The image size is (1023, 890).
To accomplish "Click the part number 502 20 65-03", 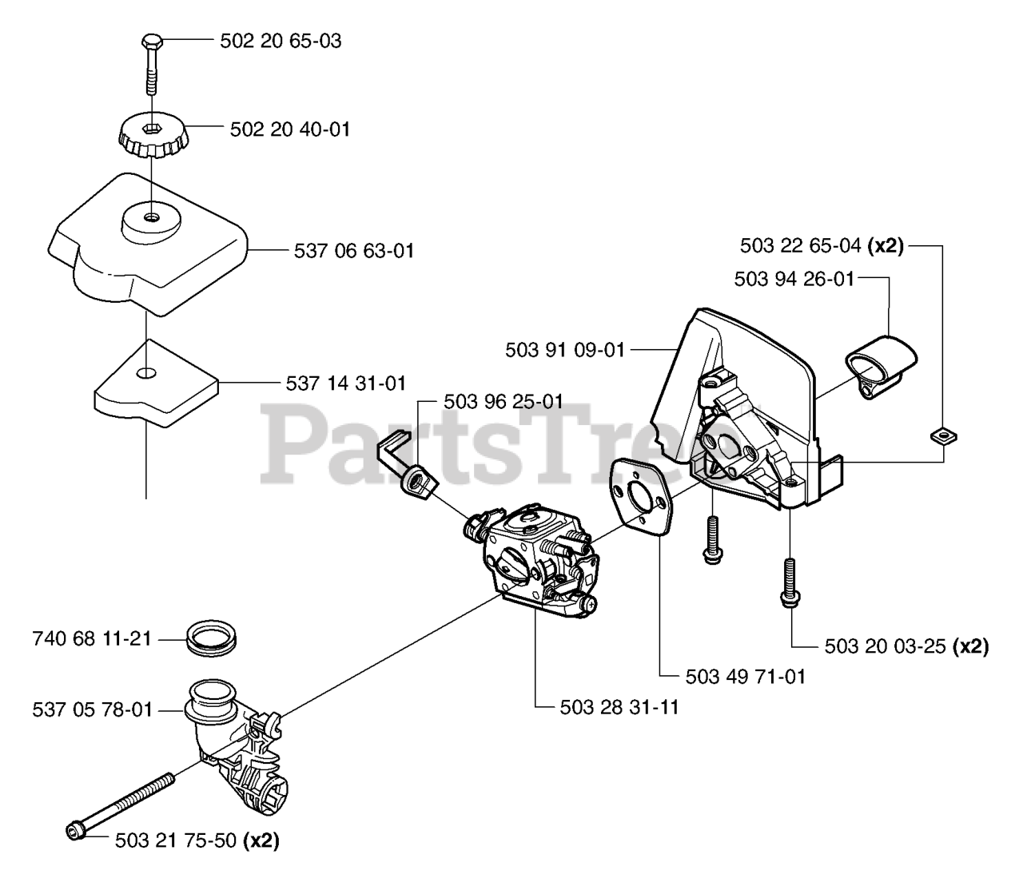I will click(281, 41).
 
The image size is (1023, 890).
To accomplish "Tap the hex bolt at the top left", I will click(151, 42).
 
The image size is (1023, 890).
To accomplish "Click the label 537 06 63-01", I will click(354, 251).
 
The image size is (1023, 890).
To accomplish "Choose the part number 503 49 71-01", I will click(746, 677).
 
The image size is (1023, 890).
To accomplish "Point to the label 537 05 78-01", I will click(93, 709).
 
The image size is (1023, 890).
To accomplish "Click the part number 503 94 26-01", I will click(794, 279).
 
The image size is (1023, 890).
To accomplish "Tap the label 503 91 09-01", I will click(565, 349).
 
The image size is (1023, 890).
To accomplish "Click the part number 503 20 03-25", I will click(886, 646).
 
